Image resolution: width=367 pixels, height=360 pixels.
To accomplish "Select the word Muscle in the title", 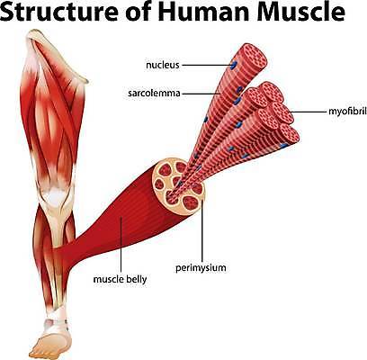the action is [x=300, y=11].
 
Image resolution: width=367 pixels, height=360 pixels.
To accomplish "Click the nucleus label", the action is [x=163, y=65].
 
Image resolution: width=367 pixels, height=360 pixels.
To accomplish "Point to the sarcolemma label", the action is [x=154, y=94].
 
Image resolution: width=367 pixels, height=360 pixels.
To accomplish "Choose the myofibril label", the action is [x=347, y=112].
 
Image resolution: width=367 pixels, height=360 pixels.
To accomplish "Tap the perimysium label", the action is [x=201, y=267].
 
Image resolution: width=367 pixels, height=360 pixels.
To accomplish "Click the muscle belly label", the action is [x=120, y=279].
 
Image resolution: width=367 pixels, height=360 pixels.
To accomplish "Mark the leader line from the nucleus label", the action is [x=207, y=65].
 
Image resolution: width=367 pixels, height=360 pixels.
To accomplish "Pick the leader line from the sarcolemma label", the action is [x=201, y=94].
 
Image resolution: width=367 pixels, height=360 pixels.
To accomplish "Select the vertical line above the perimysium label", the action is [x=202, y=231].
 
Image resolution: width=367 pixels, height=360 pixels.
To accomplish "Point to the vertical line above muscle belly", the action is [x=121, y=245].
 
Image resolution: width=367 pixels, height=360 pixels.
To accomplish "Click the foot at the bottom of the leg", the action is [x=54, y=340].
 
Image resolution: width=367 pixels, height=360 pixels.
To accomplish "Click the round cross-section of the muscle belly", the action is [x=179, y=186].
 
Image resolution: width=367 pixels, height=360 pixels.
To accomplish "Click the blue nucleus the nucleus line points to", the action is [x=234, y=64].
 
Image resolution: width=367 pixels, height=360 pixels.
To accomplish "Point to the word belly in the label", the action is [x=137, y=279].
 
